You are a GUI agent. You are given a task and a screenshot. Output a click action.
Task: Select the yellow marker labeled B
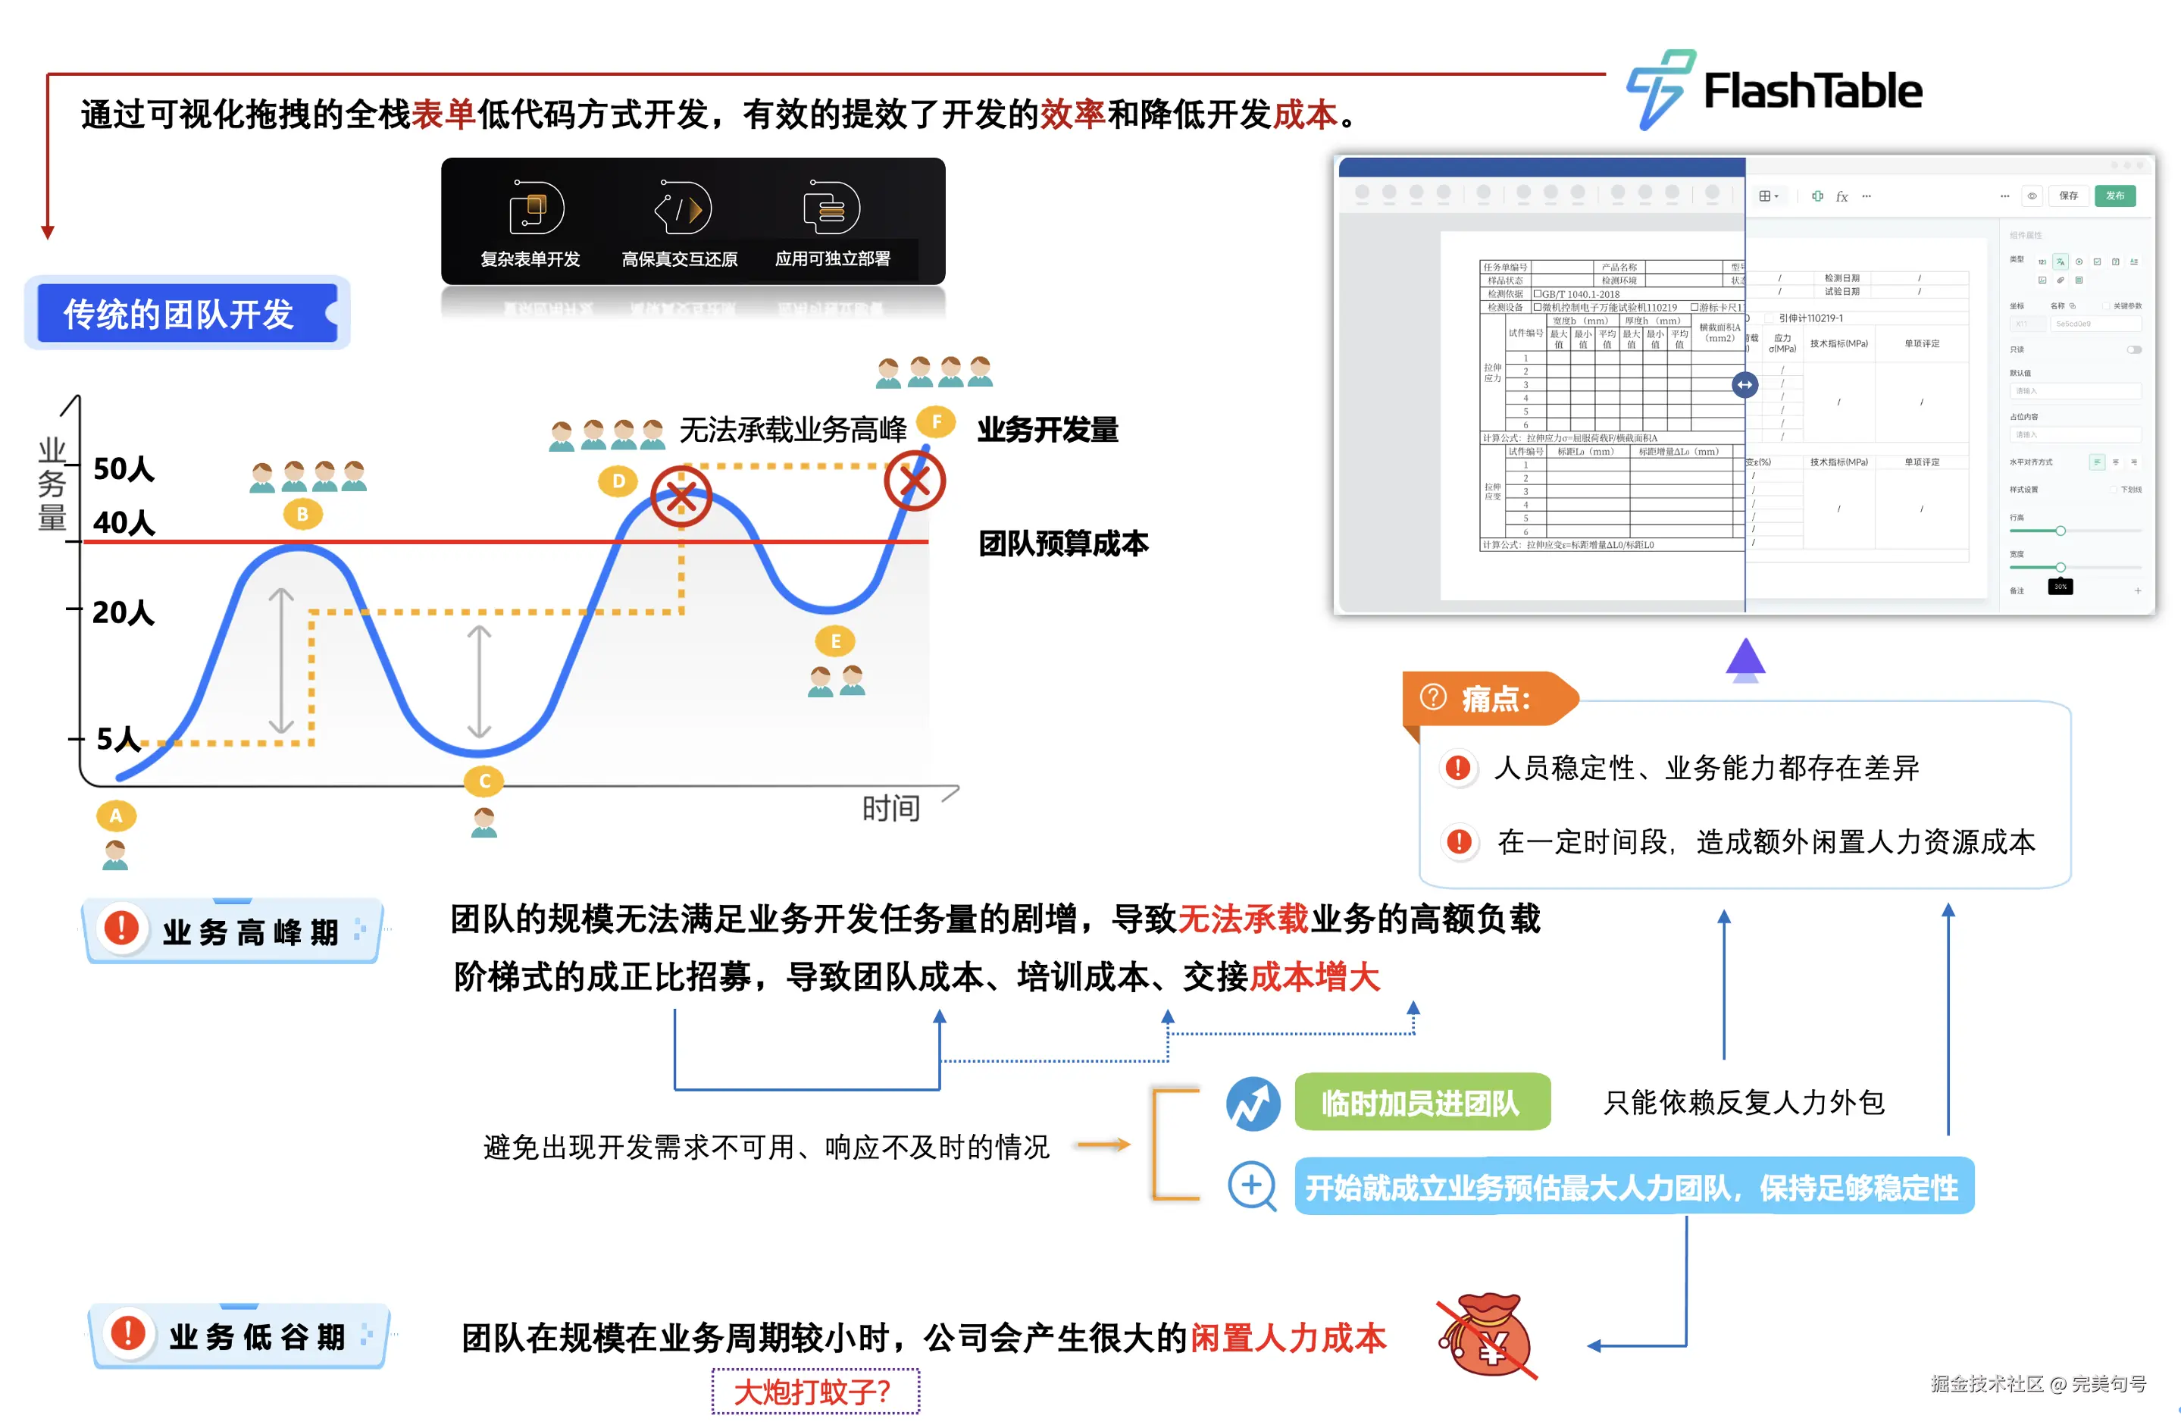coord(302,514)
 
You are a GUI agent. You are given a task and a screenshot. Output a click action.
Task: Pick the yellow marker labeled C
coord(485,781)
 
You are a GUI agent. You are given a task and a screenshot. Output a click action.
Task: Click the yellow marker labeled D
coord(618,481)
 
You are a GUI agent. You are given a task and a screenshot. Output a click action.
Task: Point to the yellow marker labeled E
coord(835,640)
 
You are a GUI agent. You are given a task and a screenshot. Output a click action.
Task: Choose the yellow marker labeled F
coord(936,421)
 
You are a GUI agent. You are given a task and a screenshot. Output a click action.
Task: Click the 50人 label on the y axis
coord(124,468)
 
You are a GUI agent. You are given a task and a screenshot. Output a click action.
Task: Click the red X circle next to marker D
coord(681,496)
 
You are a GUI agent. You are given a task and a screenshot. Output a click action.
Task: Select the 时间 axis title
coord(890,807)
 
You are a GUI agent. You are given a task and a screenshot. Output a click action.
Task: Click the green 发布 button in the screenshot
coord(2114,196)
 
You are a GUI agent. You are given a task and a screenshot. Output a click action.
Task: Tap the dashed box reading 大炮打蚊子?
coord(815,1390)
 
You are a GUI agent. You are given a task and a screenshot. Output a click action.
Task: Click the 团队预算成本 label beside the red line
coord(1062,543)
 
